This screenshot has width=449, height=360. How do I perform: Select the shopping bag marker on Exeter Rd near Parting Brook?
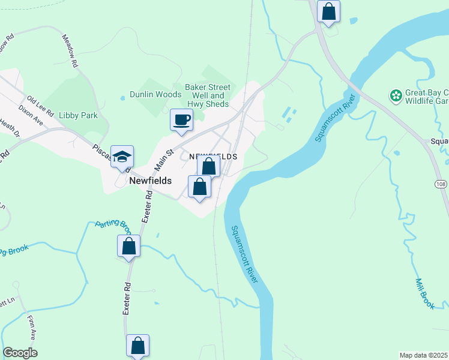pos(128,246)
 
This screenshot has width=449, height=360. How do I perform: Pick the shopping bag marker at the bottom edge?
pos(137,346)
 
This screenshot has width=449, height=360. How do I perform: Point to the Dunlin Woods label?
pos(155,95)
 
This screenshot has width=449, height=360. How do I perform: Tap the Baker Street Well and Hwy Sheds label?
pos(207,95)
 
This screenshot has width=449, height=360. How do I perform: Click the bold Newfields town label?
pos(151,180)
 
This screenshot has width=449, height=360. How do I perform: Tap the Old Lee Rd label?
pos(41,106)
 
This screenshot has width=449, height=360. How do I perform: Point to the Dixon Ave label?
pos(31,115)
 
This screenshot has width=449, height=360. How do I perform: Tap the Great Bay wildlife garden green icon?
pos(396,95)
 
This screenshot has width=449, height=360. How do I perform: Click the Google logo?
pos(20,353)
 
